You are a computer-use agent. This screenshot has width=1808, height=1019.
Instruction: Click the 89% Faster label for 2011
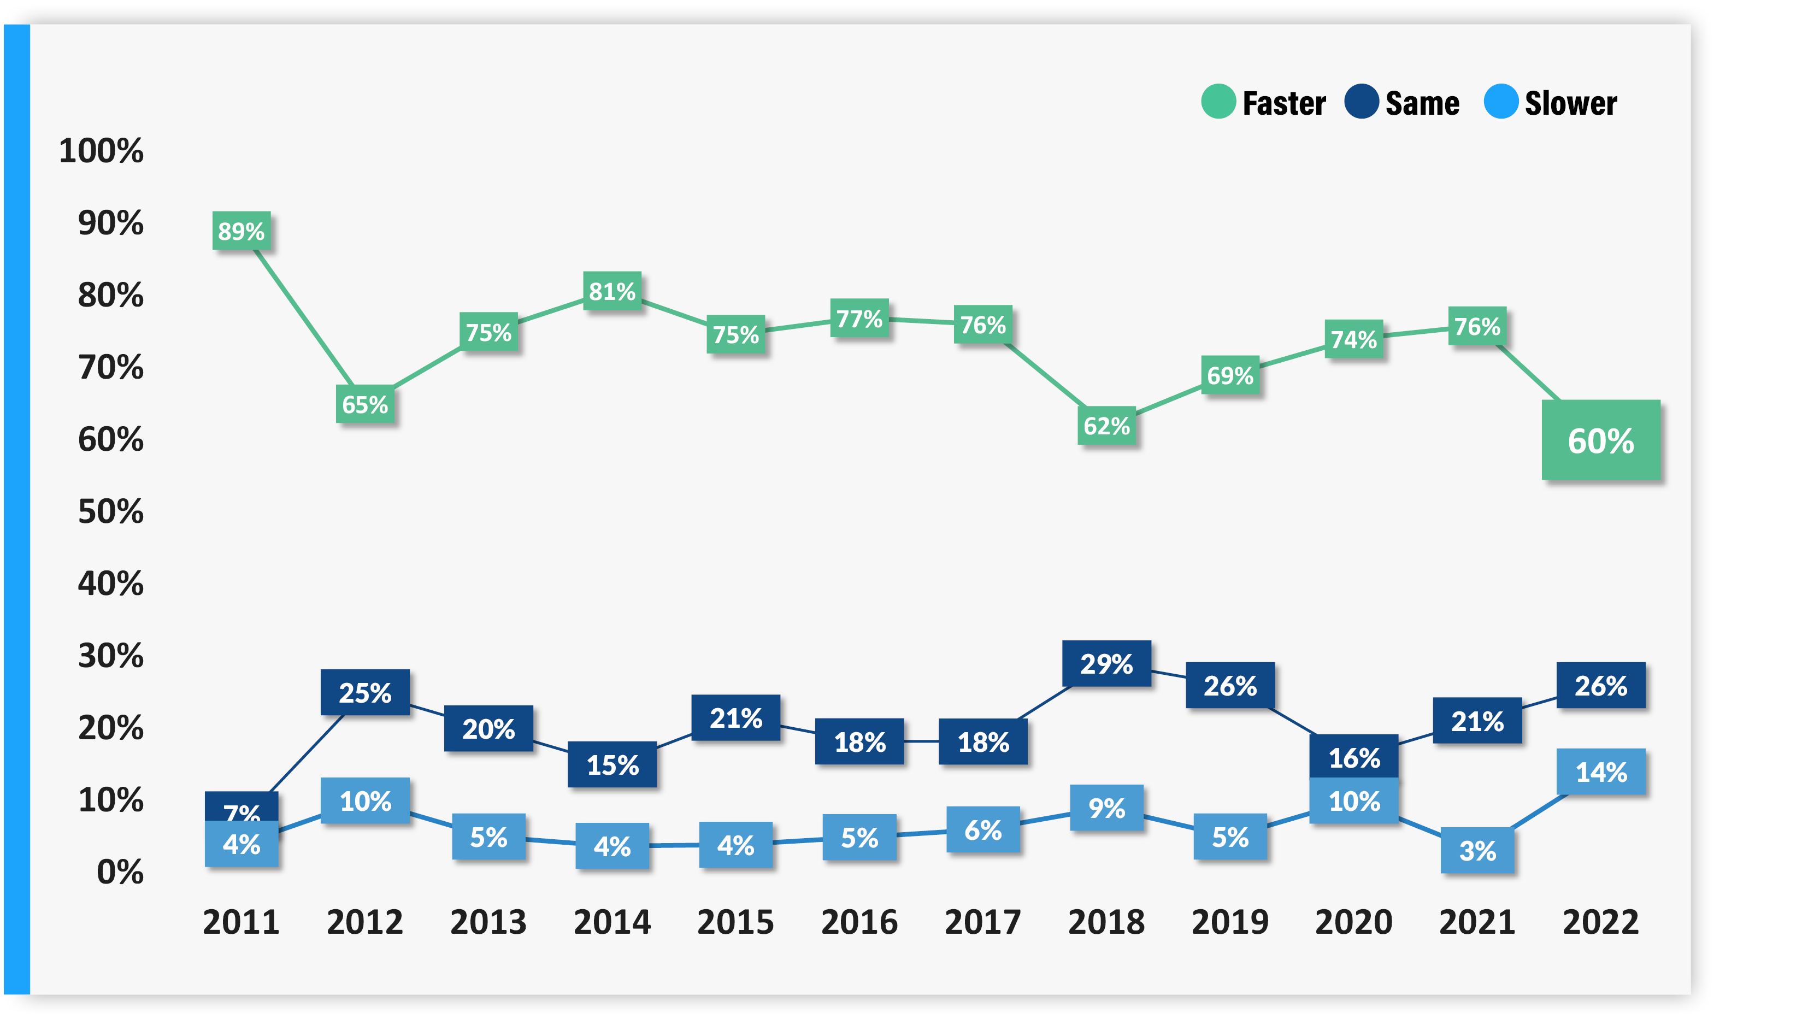click(x=242, y=231)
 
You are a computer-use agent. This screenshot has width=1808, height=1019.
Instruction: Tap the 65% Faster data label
click(x=365, y=404)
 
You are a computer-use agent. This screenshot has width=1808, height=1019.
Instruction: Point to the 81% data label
click(x=612, y=291)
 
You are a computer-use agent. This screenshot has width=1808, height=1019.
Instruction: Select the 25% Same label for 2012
click(x=365, y=693)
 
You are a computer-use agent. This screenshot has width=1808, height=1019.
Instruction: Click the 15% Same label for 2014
click(x=612, y=764)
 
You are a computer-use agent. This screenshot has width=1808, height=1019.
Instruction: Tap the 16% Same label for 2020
click(x=1354, y=757)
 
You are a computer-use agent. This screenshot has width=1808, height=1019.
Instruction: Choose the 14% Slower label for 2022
click(x=1601, y=772)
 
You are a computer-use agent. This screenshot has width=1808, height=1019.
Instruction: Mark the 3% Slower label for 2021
click(x=1477, y=851)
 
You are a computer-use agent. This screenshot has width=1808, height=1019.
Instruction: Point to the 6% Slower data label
click(x=982, y=829)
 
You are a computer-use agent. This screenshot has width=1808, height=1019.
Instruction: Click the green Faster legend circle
click(x=1218, y=102)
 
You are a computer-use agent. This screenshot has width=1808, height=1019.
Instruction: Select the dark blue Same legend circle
click(x=1362, y=102)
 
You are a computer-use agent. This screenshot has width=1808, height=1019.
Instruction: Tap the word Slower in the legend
click(x=1571, y=103)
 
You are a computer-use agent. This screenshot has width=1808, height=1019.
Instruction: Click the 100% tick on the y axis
click(x=101, y=151)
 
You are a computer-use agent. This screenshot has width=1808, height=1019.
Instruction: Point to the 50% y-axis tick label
click(x=111, y=511)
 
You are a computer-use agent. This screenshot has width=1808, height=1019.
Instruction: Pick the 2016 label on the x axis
click(x=859, y=921)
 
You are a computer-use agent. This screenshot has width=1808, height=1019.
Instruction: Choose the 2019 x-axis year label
click(x=1230, y=921)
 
